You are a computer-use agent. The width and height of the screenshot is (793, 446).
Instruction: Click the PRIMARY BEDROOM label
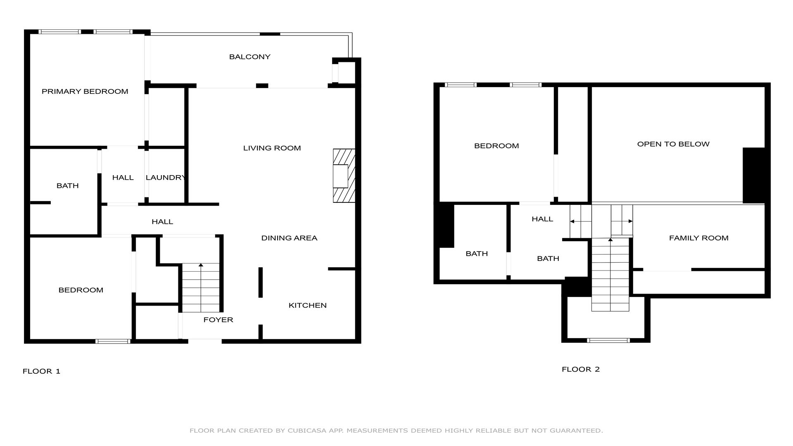click(85, 92)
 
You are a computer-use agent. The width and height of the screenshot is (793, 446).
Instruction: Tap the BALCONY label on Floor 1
click(249, 57)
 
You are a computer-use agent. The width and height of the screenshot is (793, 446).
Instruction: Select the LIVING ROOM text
click(272, 148)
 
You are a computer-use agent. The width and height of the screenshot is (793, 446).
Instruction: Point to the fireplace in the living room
click(344, 176)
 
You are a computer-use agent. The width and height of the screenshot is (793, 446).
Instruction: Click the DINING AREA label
click(289, 238)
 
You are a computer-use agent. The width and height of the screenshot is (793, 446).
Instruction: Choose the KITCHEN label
click(307, 306)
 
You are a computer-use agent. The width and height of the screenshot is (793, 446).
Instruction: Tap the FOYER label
click(218, 320)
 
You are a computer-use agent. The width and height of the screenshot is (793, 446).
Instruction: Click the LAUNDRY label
click(166, 178)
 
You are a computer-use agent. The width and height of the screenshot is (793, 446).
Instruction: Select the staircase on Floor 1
click(201, 288)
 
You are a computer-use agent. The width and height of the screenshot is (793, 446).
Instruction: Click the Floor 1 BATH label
click(67, 186)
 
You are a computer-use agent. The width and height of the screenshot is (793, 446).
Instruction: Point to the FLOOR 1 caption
click(41, 371)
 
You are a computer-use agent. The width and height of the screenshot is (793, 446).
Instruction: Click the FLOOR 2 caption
click(580, 370)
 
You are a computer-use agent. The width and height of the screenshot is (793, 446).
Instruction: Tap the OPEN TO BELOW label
click(673, 144)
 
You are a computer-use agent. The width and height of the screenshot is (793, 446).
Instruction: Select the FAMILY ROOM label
click(698, 238)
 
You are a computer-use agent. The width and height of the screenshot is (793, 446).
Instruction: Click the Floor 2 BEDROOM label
click(496, 146)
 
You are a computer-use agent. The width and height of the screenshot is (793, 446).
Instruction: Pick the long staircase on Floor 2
click(610, 275)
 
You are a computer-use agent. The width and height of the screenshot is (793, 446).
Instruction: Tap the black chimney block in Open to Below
click(754, 176)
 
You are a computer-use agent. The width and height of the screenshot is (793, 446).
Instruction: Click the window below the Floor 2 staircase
click(608, 340)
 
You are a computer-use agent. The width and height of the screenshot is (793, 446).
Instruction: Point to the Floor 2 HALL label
click(542, 219)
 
